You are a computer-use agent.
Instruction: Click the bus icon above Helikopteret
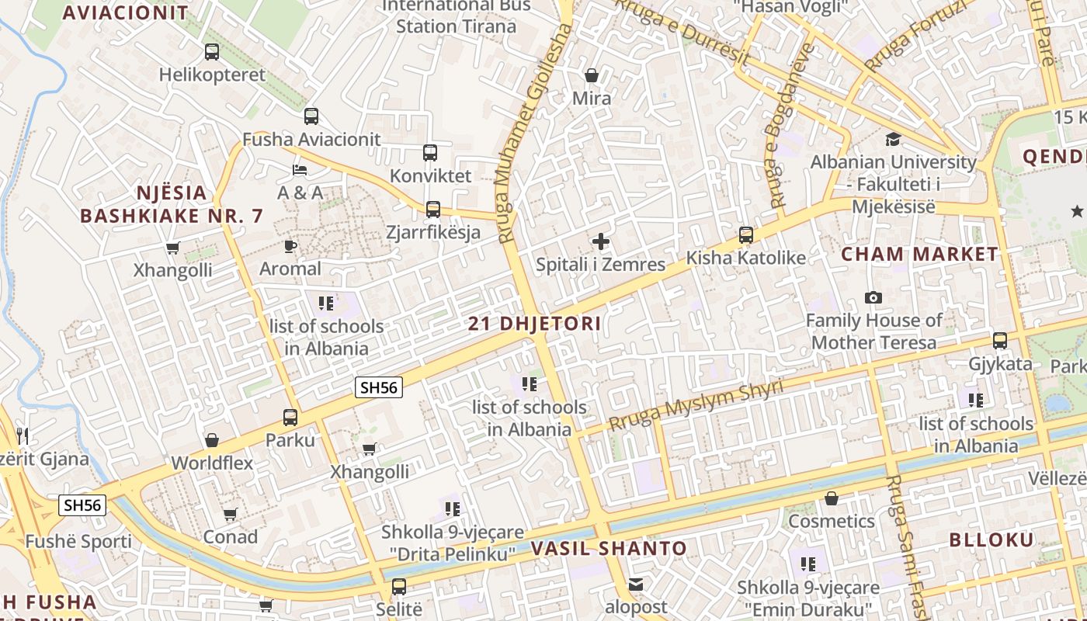pos(212,52)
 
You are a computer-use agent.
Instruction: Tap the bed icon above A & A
pos(300,169)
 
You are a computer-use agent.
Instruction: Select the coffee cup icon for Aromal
pos(290,246)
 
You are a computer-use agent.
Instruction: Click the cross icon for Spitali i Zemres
pos(601,241)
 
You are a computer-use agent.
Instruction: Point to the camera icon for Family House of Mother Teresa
pos(873,298)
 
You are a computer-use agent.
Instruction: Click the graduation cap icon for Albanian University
pos(894,139)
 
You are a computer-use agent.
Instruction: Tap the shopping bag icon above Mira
pos(592,75)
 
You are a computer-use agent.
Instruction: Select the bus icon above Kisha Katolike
pos(746,234)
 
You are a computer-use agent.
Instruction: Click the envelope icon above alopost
pos(636,585)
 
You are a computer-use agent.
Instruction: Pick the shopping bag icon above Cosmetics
pos(832,498)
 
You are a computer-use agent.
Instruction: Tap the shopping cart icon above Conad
pos(230,514)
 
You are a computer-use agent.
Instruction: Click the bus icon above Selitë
pos(399,586)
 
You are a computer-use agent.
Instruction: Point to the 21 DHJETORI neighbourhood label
pos(535,324)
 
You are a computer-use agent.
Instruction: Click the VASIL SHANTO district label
pos(609,548)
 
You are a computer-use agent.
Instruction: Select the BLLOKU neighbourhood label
pos(991,539)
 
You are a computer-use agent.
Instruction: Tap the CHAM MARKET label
pos(920,254)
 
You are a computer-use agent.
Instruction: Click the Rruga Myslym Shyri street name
pos(696,406)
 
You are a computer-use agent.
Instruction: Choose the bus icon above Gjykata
pos(1000,340)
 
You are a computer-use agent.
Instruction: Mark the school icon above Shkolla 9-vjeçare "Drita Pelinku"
pos(453,509)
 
